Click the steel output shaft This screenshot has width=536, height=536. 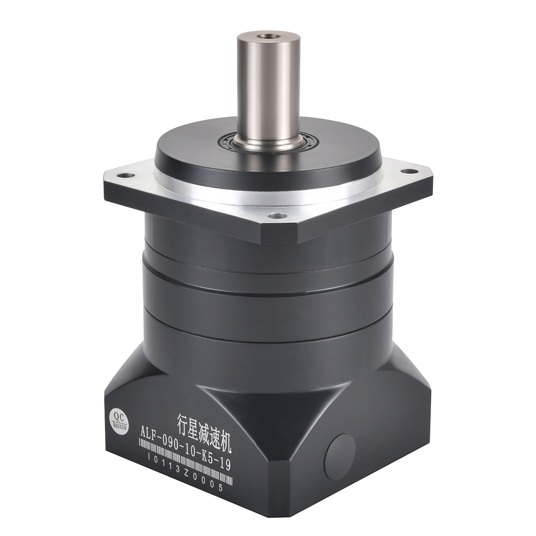coord(268,91)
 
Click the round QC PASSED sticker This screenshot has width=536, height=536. coord(119,419)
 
